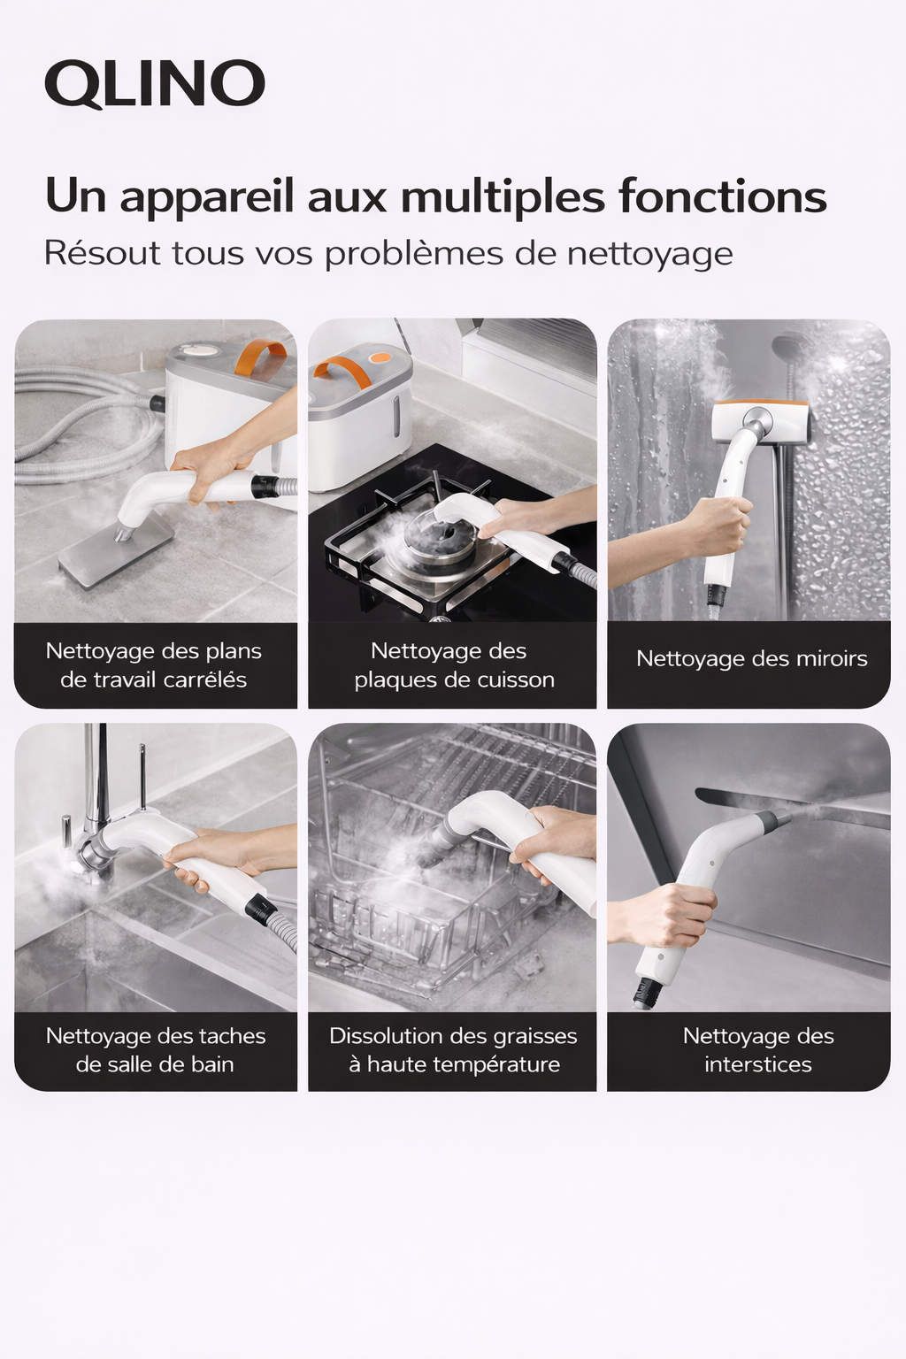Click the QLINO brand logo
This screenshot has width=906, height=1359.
pos(155,84)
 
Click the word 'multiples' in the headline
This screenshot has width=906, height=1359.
pos(503,196)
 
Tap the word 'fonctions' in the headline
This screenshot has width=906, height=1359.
pos(722,196)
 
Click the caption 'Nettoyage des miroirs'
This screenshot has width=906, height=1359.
pos(751,659)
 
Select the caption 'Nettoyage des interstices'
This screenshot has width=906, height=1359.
pos(758,1050)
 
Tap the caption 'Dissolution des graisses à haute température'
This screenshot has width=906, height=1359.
pos(453,1050)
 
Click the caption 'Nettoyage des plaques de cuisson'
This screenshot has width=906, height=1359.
pos(453,665)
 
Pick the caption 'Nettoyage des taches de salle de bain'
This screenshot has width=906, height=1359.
pos(156,1050)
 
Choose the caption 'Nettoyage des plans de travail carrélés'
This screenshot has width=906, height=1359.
pos(154,665)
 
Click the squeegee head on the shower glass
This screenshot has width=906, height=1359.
pos(761,421)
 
